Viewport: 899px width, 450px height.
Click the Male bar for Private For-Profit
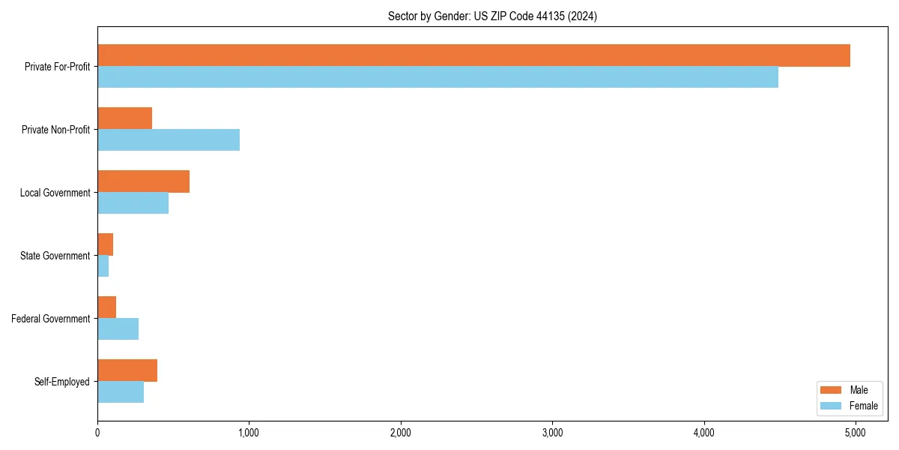coord(473,55)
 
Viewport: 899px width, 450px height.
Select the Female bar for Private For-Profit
coord(438,77)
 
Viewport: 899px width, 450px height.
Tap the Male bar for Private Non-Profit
coord(124,118)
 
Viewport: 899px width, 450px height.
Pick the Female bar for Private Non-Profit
coord(169,140)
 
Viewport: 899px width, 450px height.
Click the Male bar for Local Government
coord(143,181)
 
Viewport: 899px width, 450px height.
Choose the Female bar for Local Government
coord(133,203)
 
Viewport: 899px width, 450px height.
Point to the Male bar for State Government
coord(105,244)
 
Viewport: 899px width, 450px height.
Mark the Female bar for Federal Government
coord(118,329)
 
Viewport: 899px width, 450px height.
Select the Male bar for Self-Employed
coord(127,370)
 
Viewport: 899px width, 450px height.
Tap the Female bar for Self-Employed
coord(121,392)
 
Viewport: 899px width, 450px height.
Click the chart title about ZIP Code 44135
coord(492,16)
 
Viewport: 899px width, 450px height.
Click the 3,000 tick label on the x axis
coord(552,433)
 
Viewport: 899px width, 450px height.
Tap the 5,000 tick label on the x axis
coord(855,433)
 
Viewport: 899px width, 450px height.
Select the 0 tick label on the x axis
coord(97,433)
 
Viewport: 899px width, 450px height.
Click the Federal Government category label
coord(50,319)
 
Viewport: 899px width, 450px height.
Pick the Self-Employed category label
coord(61,382)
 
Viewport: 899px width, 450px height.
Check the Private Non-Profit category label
coord(55,130)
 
